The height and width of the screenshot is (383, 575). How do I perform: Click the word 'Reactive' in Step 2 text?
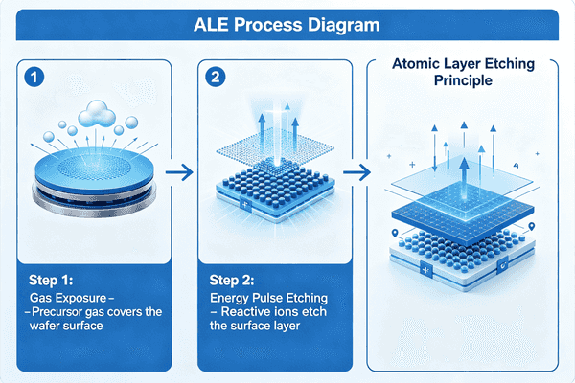[250, 312]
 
